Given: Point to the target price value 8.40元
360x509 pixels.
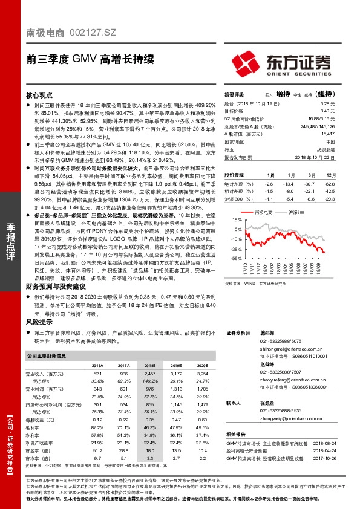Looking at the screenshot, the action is [x=327, y=111].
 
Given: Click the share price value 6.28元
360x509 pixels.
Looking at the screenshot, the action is [x=327, y=104].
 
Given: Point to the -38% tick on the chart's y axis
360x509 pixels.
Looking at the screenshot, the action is [x=236, y=248].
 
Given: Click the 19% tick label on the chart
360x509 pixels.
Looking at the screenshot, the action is [x=237, y=220].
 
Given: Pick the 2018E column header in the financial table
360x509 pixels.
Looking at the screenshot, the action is [x=149, y=366].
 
